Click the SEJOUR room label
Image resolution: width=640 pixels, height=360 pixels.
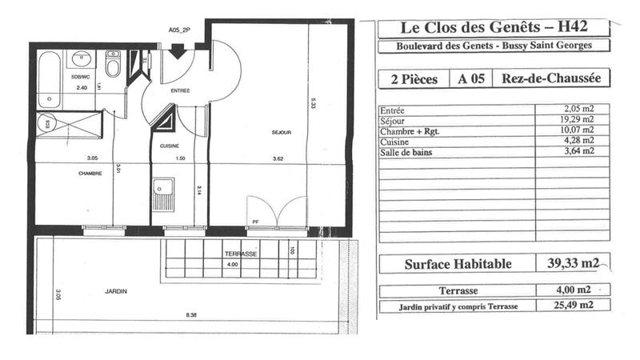[x=280, y=132]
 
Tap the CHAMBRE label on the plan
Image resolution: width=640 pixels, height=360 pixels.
[x=90, y=173]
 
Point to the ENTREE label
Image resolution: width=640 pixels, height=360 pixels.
[x=180, y=91]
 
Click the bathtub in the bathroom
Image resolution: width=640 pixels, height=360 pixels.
[x=50, y=80]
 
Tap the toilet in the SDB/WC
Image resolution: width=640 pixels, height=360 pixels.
[x=113, y=66]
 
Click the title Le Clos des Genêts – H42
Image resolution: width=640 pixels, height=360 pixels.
[x=494, y=27]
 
